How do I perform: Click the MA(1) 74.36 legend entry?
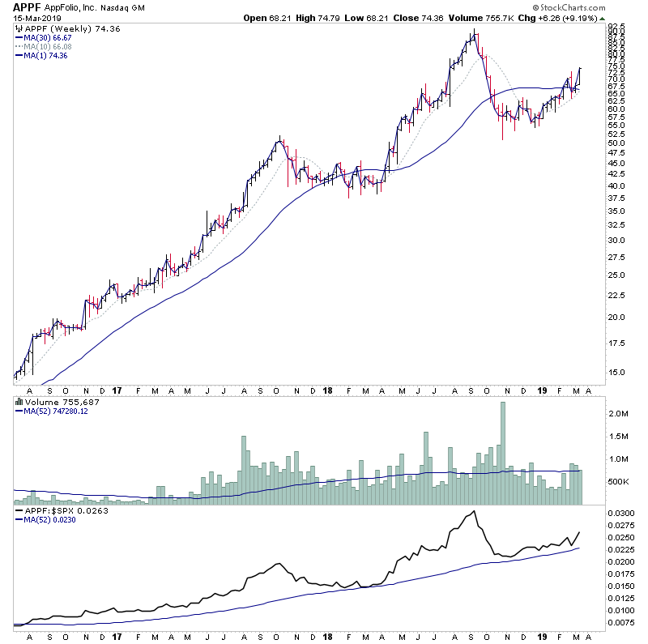[46, 55]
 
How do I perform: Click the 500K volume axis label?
[620, 481]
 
